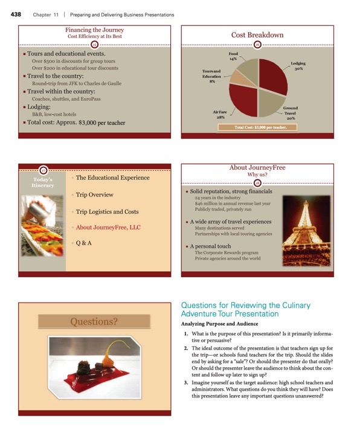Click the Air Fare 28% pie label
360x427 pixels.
pos(220,114)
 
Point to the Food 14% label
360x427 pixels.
pos(233,56)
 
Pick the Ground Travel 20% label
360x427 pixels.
pos(291,113)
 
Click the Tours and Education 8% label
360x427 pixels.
pos(211,76)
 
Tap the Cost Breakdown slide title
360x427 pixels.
pos(257,35)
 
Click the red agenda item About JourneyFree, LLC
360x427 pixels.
pos(108,228)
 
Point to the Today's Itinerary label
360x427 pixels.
pos(43,182)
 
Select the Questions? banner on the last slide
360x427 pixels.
pos(94,321)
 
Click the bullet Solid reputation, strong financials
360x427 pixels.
pos(230,191)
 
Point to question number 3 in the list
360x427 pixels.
pos(185,383)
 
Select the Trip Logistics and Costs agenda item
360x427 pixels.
pos(107,212)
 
